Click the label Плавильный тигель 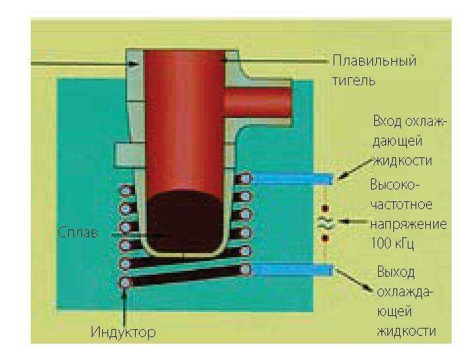point(374,71)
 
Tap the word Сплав point(81,233)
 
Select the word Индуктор point(123,332)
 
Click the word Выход point(396,271)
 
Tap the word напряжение point(408,224)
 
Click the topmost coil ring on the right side point(246,178)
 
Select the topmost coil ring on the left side point(125,191)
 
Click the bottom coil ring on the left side point(125,282)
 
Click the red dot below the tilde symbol point(324,239)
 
